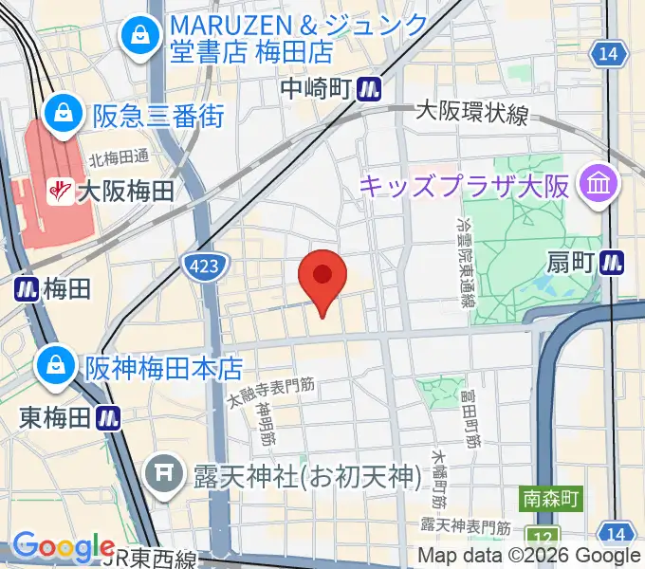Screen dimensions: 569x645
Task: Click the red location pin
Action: (x=322, y=277)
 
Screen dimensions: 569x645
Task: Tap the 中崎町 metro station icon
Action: (x=369, y=88)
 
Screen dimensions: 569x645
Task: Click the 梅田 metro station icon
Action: (x=26, y=288)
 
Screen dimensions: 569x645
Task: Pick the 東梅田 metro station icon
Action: (x=110, y=416)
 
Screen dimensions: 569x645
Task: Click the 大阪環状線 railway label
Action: (x=471, y=114)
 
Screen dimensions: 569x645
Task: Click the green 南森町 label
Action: (x=550, y=497)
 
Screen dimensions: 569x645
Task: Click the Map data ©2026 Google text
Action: (x=529, y=556)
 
